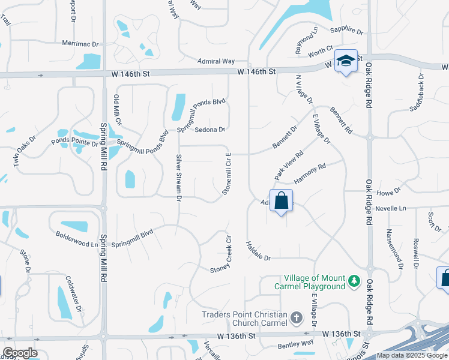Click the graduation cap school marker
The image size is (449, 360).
(346, 61)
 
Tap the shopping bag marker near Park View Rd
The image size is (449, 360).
(281, 201)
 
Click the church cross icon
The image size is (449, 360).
(296, 317)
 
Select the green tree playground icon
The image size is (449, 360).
(354, 281)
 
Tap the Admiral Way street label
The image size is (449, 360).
(216, 61)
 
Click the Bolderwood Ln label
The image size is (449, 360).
(76, 239)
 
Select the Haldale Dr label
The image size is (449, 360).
(259, 251)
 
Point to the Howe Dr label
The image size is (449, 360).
(388, 193)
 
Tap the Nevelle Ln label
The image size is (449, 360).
(391, 208)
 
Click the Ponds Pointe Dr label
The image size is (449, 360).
(74, 143)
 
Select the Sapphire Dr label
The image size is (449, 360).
(347, 31)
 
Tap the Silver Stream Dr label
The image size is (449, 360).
(178, 175)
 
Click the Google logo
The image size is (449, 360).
(20, 353)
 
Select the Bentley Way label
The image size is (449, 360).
(295, 343)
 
